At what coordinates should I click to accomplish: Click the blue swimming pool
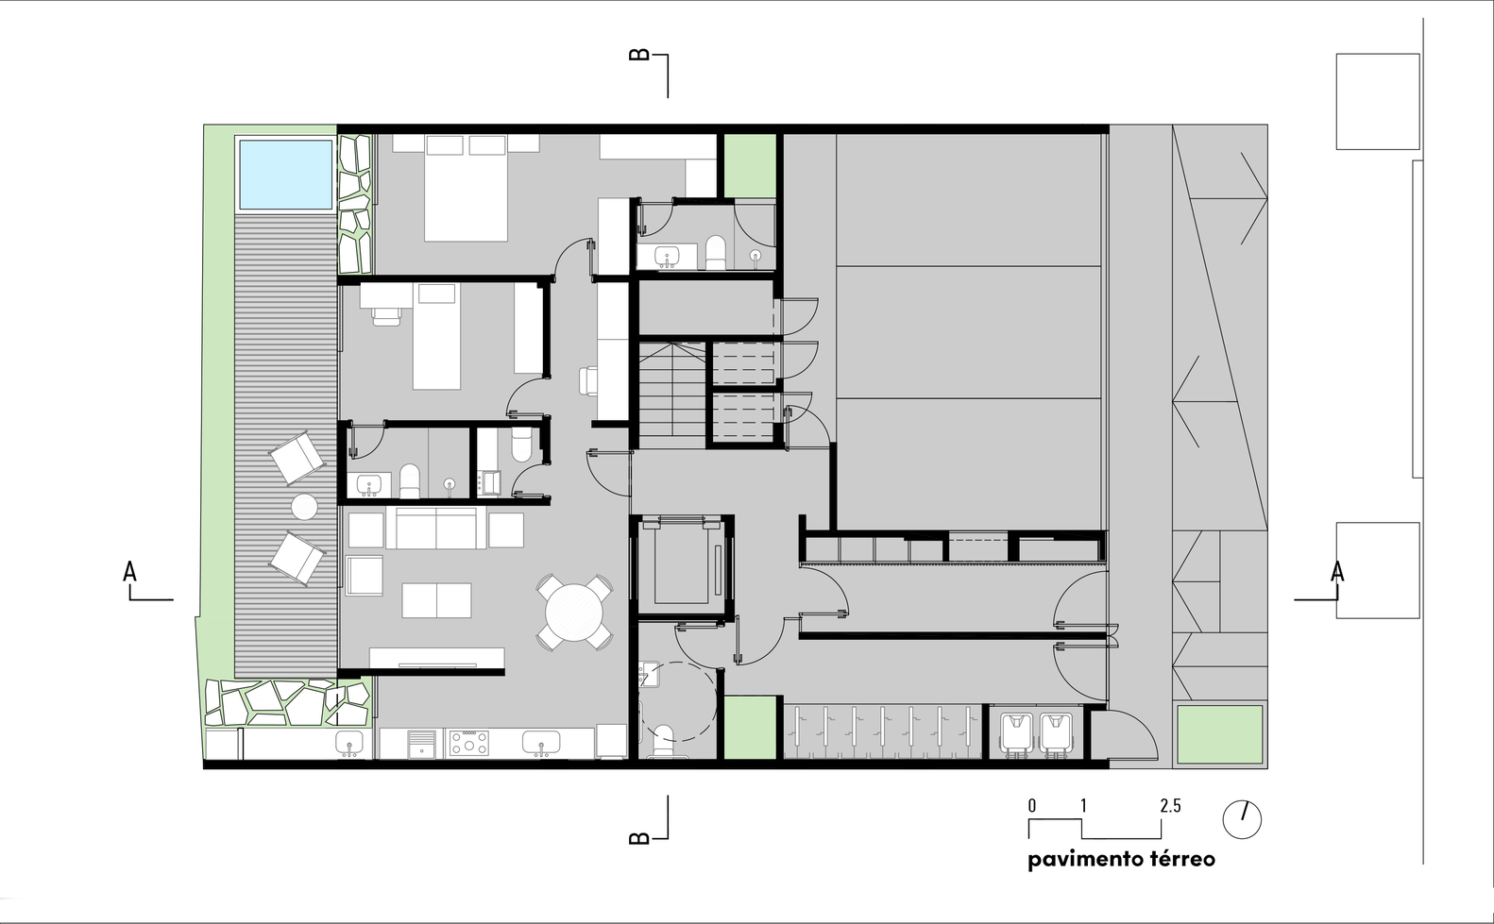pos(285,174)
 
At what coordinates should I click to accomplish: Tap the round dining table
pos(574,612)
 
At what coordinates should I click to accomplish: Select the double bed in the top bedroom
pos(466,188)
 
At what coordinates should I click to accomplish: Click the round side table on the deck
pos(304,507)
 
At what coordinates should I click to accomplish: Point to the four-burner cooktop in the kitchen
pos(468,744)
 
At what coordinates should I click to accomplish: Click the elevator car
pos(681,564)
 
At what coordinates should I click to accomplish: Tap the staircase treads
pos(672,395)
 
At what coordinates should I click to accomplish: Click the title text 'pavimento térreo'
pos(1121,859)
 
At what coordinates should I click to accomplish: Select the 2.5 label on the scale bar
pos(1170,806)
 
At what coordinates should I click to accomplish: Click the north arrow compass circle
pos(1242,819)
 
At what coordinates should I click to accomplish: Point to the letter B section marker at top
pos(639,55)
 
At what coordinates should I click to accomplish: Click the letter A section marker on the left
pos(130,572)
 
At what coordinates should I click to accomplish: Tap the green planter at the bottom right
pos(1220,734)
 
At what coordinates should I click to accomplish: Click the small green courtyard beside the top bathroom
pos(751,165)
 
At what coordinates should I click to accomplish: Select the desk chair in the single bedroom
pos(386,316)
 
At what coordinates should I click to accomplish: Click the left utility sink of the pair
pos(1016,732)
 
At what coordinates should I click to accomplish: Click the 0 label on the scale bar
pos(1032,806)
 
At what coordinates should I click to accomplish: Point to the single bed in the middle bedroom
pos(436,336)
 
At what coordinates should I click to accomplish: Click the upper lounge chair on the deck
pos(297,458)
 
